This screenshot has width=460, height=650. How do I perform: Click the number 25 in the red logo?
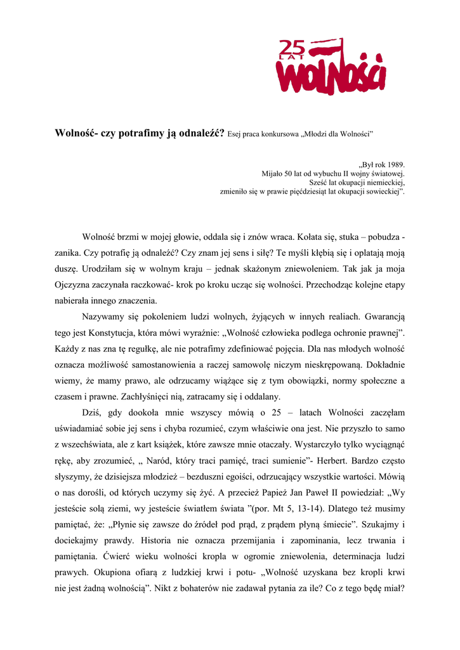[292, 47]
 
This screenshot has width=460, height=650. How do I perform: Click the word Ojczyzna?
[73, 284]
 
